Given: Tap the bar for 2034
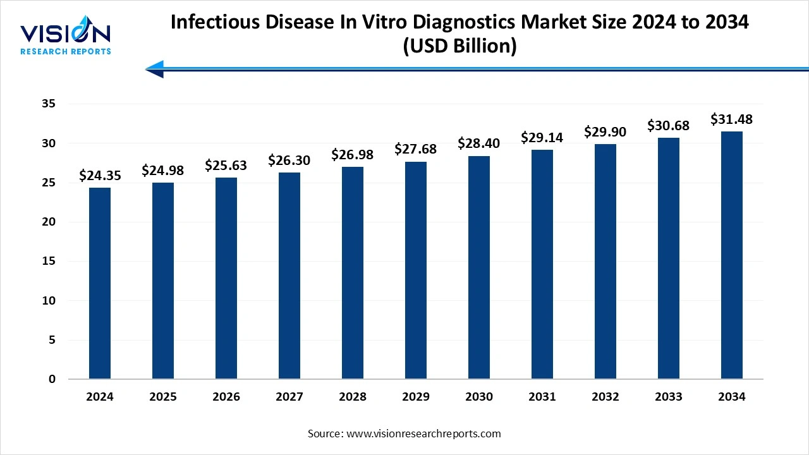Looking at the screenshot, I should (x=732, y=255).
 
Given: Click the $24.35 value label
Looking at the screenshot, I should (x=100, y=176).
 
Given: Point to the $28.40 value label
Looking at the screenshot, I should (x=479, y=143).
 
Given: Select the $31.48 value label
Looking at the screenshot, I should (x=732, y=119).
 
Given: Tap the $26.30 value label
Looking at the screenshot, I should (x=289, y=161).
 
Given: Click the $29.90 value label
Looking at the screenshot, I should (x=605, y=131).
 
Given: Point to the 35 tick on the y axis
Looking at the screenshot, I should (x=48, y=104).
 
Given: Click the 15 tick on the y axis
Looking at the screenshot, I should (x=48, y=262).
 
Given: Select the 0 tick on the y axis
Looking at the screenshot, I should (x=52, y=379).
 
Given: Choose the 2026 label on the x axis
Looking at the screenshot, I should (x=226, y=397).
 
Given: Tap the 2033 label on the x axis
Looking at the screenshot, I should (x=669, y=397).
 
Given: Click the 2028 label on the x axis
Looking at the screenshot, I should (x=353, y=397).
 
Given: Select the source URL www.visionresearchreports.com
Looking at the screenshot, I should (x=423, y=434).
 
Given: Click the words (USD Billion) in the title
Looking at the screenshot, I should (x=459, y=46).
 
